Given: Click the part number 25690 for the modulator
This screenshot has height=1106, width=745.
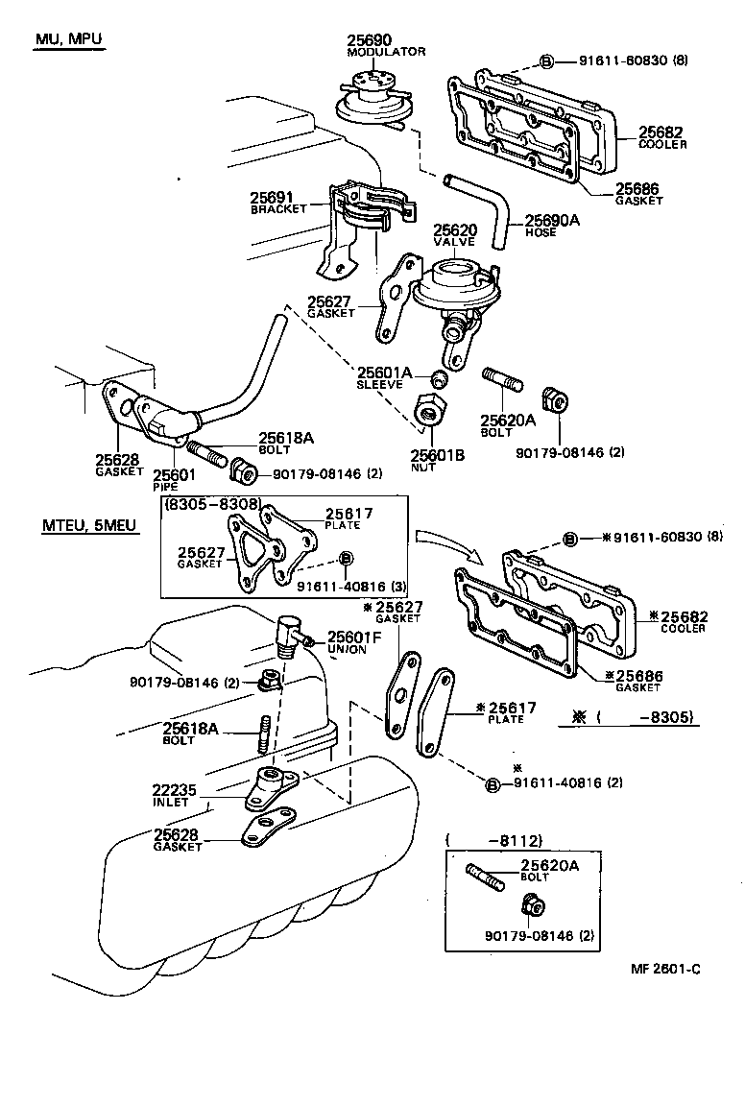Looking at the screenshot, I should pyautogui.click(x=370, y=39).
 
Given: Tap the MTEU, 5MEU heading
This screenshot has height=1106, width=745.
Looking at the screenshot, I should pyautogui.click(x=83, y=525).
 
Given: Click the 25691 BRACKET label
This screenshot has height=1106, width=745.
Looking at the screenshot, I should pyautogui.click(x=278, y=201).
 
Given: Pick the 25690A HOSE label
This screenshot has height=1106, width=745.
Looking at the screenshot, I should pyautogui.click(x=548, y=225).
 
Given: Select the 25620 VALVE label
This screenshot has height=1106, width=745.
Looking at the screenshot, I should pyautogui.click(x=454, y=236).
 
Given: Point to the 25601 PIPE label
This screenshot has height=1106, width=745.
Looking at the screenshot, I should pyautogui.click(x=172, y=478).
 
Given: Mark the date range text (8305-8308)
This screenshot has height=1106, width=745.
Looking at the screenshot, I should pyautogui.click(x=211, y=502).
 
